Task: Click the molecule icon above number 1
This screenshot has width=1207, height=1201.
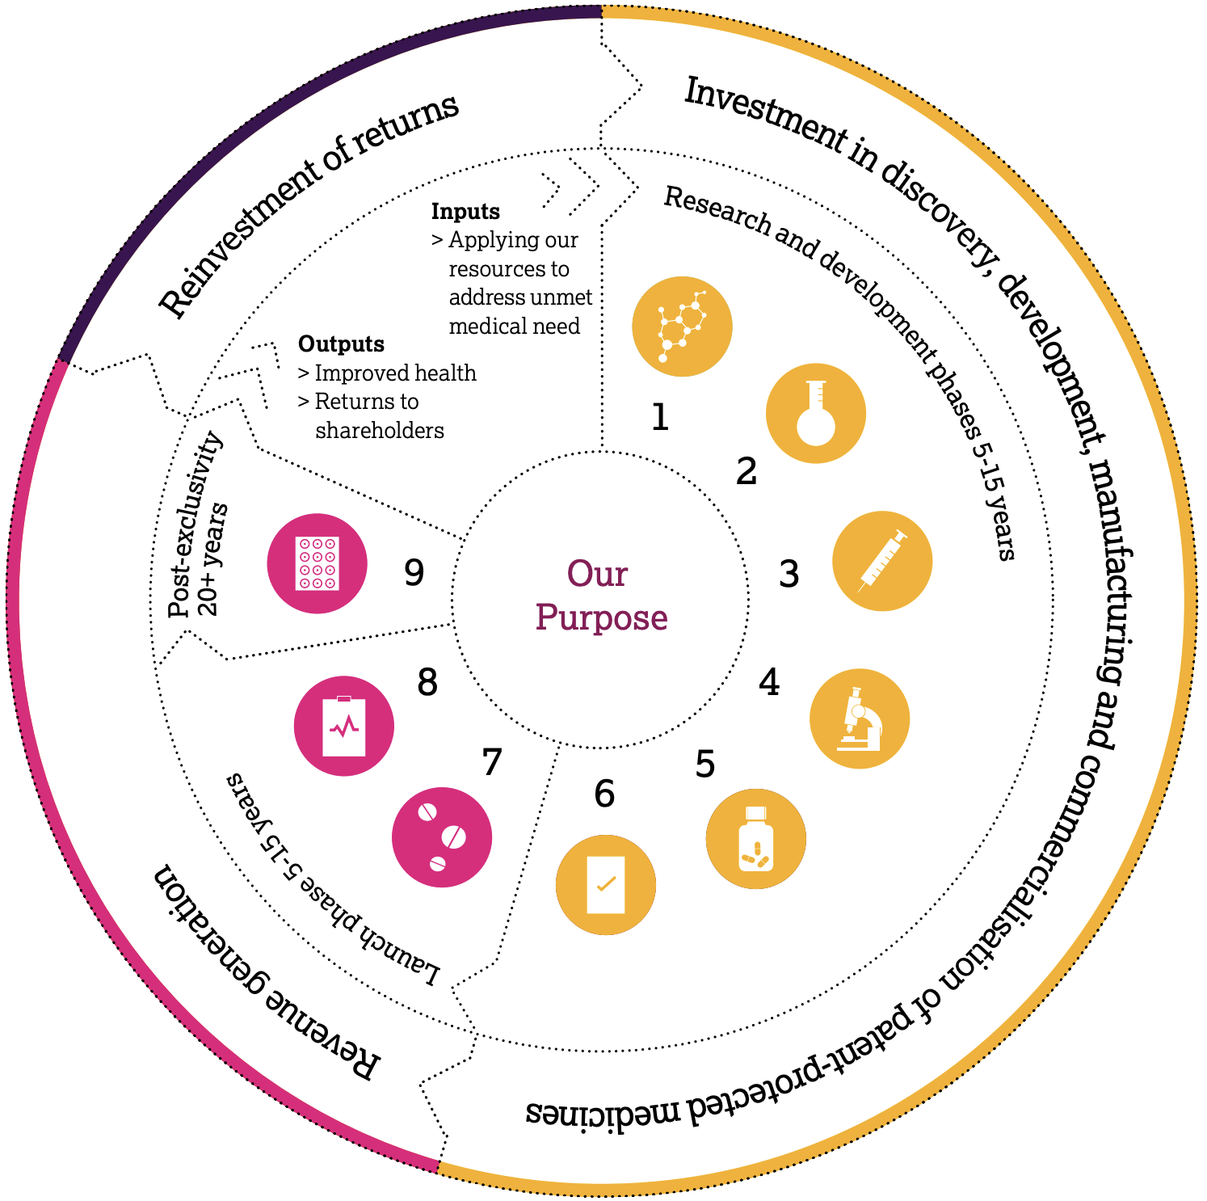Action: (x=682, y=327)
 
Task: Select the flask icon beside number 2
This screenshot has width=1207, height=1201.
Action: (x=816, y=413)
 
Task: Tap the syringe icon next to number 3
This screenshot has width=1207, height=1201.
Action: (x=882, y=561)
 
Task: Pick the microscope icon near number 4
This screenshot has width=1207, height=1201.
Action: (x=860, y=718)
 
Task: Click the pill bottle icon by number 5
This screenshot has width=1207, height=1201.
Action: (x=756, y=839)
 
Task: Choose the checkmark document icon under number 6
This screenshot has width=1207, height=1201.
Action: (x=606, y=885)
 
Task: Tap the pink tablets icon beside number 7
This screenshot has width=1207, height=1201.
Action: (x=442, y=837)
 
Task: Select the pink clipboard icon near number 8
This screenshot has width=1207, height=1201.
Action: (x=344, y=726)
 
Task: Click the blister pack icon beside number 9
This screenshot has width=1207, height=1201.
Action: (x=318, y=563)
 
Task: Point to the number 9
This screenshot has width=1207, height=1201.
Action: (x=414, y=573)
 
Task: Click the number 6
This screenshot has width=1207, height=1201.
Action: (x=604, y=794)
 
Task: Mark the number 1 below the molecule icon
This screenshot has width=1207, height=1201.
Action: (x=660, y=418)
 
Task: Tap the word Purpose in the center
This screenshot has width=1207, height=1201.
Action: (x=601, y=618)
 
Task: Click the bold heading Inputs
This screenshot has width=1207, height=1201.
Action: (x=465, y=212)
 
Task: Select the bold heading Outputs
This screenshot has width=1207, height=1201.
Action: (x=341, y=344)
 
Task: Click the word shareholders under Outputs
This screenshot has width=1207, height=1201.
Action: (x=380, y=430)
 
